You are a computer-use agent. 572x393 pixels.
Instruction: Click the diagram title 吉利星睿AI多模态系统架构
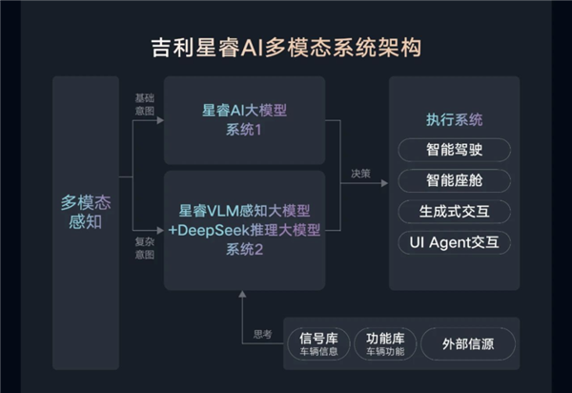tap(286, 45)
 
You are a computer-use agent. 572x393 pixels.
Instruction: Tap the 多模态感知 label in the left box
tap(86, 212)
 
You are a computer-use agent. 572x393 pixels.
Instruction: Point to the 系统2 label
tap(245, 249)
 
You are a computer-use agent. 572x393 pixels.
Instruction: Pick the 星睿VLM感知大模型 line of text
tap(245, 210)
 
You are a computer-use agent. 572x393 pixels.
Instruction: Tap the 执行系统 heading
tap(454, 120)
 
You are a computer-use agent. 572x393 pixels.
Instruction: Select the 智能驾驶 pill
tap(454, 150)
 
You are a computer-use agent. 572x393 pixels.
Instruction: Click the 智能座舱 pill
tap(454, 180)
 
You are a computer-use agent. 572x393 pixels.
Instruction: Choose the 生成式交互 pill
tap(454, 211)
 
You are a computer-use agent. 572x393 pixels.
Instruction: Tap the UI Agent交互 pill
tap(454, 241)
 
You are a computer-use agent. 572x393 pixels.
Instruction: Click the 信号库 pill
tap(318, 344)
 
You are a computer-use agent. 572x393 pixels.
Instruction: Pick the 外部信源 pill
tap(466, 344)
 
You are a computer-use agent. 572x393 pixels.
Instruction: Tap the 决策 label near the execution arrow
tap(359, 174)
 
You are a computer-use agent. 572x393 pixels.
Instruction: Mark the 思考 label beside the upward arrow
tap(262, 334)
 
